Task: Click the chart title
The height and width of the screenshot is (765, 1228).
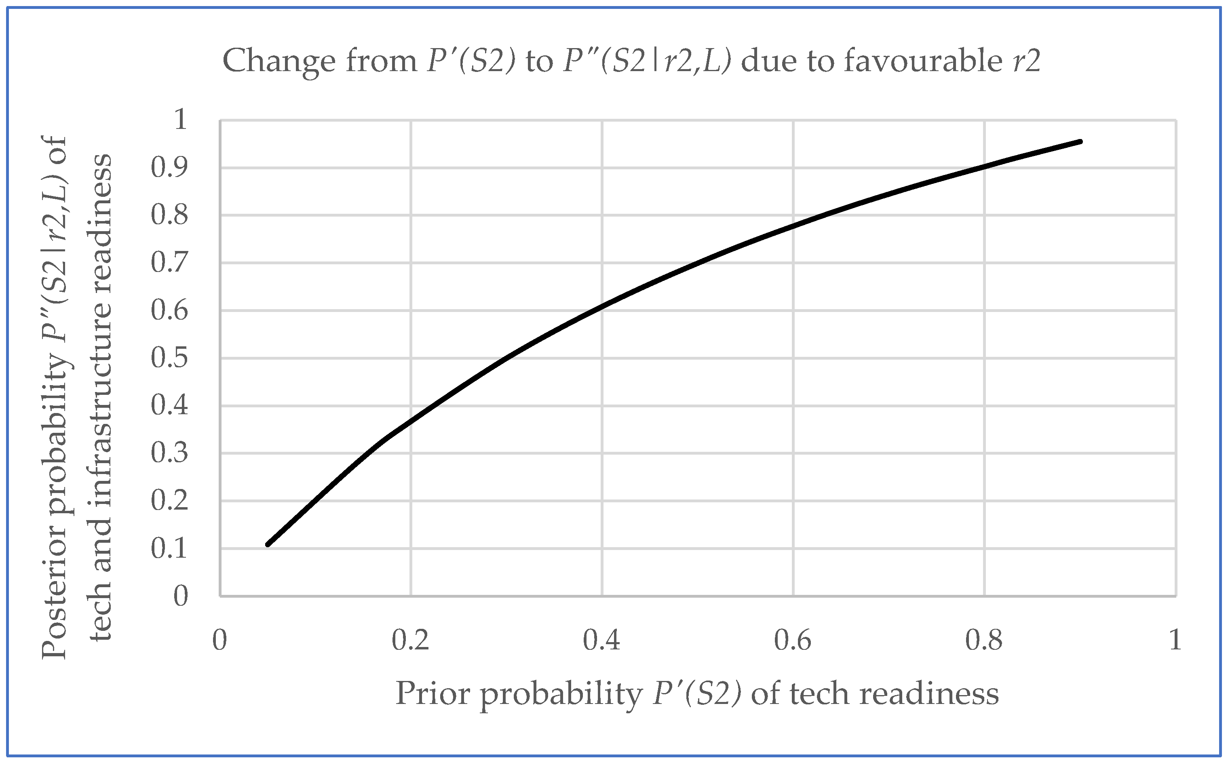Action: [x=631, y=61]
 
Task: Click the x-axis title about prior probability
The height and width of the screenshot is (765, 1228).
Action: [x=697, y=693]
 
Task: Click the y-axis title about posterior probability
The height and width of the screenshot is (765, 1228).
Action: [x=76, y=398]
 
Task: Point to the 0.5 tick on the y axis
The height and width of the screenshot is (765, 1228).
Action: [x=169, y=358]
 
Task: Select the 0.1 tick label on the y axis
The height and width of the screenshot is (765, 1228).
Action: [x=169, y=548]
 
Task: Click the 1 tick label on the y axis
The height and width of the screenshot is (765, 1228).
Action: [x=180, y=120]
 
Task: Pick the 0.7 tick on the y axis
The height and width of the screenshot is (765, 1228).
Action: [x=169, y=263]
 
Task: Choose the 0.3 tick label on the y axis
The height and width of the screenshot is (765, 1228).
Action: [x=169, y=453]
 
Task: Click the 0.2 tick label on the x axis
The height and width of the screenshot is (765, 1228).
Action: [x=410, y=641]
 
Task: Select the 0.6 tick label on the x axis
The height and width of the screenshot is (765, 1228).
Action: [x=793, y=641]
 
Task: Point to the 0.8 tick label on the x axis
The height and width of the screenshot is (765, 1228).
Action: [x=984, y=641]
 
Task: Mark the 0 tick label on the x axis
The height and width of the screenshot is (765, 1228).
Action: [x=219, y=641]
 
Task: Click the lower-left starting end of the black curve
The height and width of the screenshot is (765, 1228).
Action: [x=268, y=544]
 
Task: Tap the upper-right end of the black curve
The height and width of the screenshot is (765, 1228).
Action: [x=1080, y=142]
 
